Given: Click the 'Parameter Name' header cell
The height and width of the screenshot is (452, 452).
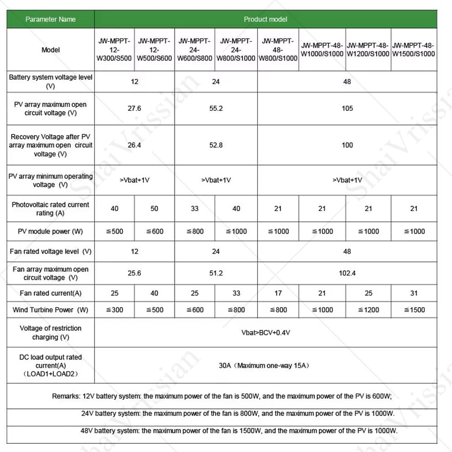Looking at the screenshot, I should (x=51, y=19).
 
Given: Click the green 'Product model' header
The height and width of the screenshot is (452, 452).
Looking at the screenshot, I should (x=265, y=19).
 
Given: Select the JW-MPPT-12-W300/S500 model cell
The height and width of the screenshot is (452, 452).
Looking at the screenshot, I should (x=114, y=49).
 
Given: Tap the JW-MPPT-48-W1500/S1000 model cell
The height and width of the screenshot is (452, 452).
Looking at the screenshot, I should (x=414, y=49).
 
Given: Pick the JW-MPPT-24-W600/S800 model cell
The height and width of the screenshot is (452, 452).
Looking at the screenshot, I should (x=194, y=49).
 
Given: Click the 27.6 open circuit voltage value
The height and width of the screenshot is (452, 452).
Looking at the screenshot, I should (x=134, y=108).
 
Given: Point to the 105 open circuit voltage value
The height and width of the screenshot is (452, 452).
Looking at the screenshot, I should (x=347, y=108).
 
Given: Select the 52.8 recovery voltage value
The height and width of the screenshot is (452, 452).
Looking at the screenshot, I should (x=216, y=145).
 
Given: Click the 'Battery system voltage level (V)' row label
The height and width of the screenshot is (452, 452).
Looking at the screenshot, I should (x=51, y=81).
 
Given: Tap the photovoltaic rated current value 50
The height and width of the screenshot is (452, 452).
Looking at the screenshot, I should (x=154, y=208).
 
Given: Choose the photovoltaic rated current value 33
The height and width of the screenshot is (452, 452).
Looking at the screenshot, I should (x=194, y=208).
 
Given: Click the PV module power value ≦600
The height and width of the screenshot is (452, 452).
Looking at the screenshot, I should (x=154, y=231).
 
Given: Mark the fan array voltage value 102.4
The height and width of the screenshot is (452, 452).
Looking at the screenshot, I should (x=347, y=273).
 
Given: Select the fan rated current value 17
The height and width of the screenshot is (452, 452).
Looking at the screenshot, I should (x=278, y=293).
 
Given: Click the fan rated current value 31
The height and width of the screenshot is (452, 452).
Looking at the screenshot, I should (x=414, y=293).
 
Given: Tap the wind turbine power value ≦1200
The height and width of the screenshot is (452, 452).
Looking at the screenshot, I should (x=368, y=310).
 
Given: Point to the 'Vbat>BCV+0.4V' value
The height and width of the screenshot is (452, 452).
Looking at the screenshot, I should (x=265, y=333).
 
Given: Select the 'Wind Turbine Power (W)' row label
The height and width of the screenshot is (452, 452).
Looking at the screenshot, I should (x=51, y=310).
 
